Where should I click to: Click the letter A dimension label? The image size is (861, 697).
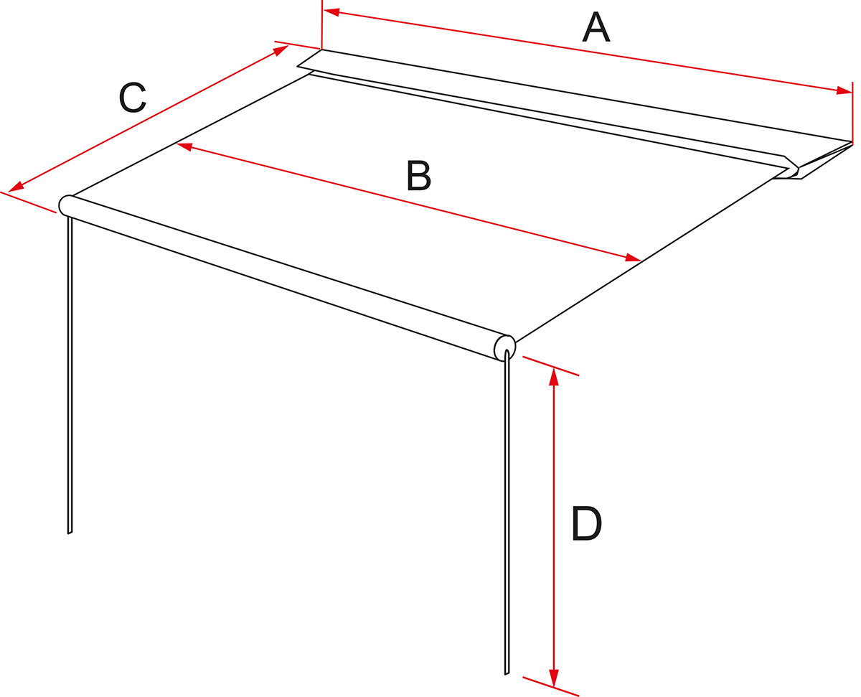tap(596, 27)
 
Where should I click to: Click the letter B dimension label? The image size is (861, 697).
tap(418, 175)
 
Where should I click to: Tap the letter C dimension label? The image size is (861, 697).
tap(132, 98)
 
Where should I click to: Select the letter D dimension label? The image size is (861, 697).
tap(586, 525)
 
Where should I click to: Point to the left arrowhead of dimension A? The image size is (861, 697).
tap(331, 11)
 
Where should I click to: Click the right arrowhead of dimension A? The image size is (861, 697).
tap(844, 90)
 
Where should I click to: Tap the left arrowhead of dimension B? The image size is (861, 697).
tap(184, 146)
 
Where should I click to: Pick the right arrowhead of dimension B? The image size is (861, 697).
tap(633, 258)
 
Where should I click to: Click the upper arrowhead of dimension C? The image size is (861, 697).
tap(281, 50)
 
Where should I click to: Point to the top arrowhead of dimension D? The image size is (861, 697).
tap(554, 377)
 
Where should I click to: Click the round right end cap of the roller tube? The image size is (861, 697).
tap(505, 347)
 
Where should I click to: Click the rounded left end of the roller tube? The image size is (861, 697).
tap(65, 205)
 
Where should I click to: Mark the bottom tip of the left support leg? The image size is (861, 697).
tap(70, 533)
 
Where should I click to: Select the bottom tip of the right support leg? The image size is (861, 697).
tap(507, 674)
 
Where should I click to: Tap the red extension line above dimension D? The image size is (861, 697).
tap(550, 366)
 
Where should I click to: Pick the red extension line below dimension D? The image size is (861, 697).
tap(550, 686)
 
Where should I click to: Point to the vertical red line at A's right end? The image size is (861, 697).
tap(852, 113)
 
